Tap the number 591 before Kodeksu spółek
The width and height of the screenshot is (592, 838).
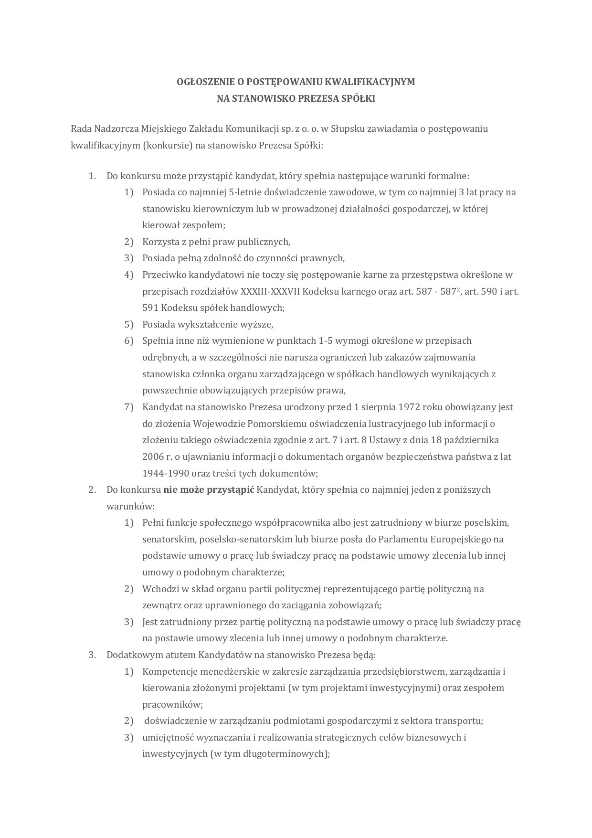[x=150, y=308]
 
